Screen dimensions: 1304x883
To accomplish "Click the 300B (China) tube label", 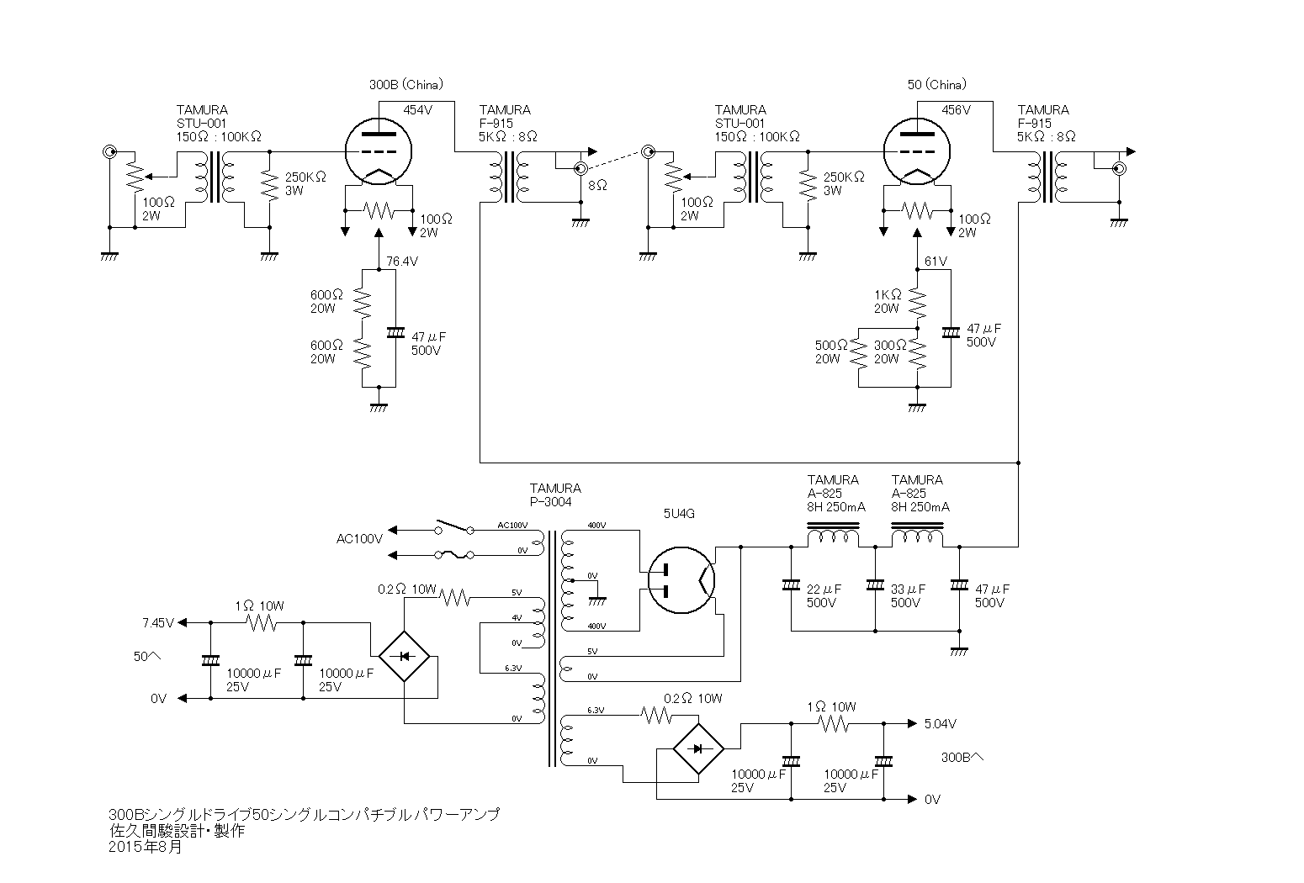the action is coord(406,85).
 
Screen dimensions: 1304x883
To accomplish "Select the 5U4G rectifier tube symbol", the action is coord(681,579).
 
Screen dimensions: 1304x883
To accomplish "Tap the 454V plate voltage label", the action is coord(418,110).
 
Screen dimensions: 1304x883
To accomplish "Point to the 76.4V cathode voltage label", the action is coord(402,262).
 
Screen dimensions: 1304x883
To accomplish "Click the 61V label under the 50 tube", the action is coord(936,262).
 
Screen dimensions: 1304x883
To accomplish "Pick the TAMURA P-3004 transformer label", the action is coord(555,494).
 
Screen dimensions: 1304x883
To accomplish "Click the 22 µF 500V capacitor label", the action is coord(824,596).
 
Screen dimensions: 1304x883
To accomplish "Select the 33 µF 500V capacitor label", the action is coord(908,596).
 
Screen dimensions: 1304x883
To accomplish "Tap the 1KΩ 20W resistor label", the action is coord(888,302).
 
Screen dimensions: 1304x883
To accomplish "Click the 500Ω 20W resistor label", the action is coord(831,352).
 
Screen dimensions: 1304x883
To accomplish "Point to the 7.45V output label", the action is coord(158,623).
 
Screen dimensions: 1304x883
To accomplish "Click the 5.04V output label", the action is coord(941,724).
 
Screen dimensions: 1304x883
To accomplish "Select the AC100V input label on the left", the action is coord(359,539).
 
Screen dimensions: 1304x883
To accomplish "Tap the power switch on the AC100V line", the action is coord(454,527).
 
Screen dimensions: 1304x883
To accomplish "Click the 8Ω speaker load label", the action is coord(598,186).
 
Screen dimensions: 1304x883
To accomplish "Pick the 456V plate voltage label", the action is coord(957,110).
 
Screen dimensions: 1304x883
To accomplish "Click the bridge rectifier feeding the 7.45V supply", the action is coord(404,657).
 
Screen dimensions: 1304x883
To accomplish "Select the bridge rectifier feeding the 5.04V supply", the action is coord(698,748).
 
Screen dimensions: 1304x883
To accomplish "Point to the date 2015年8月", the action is coord(146,847).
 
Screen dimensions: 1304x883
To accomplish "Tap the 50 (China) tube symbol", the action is coord(917,151).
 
